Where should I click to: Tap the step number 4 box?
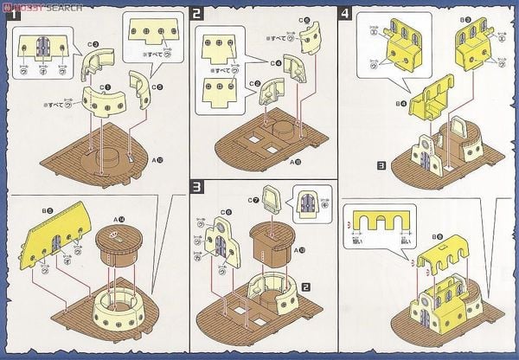346,14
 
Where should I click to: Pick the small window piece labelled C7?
269,203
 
